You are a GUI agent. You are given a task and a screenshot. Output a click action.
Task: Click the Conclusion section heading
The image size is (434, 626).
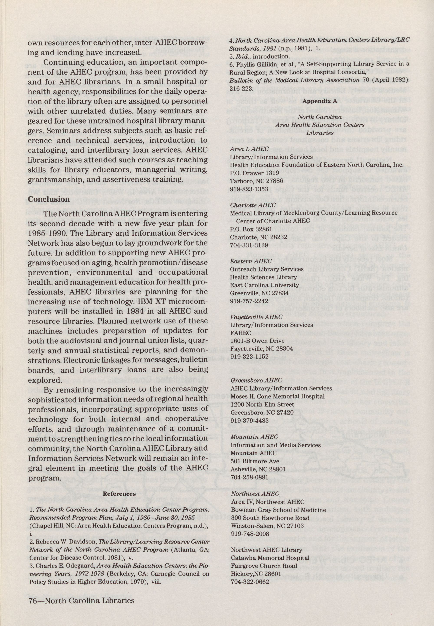click(49, 199)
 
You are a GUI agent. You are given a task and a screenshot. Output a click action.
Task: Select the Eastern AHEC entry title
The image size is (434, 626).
click(251, 261)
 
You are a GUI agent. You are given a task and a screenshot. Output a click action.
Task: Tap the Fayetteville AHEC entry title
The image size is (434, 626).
click(256, 317)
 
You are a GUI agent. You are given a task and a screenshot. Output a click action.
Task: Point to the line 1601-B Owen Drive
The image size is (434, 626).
click(257, 341)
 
